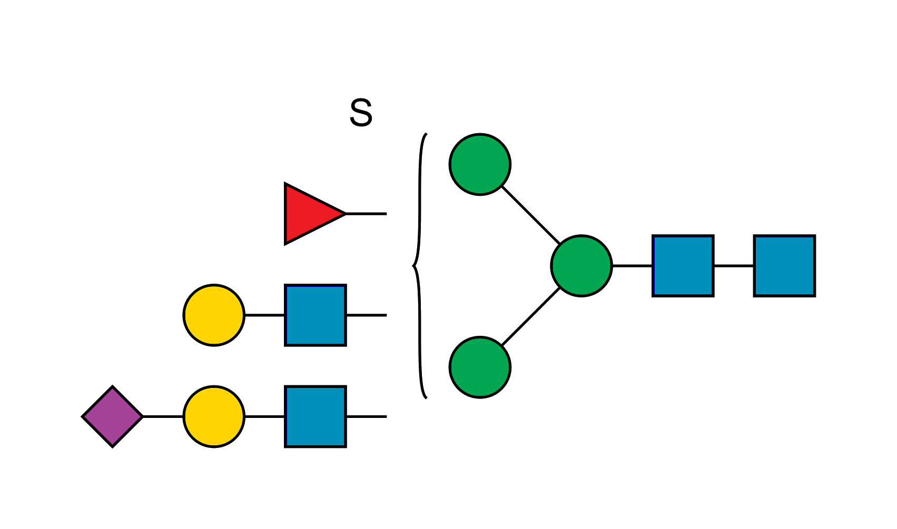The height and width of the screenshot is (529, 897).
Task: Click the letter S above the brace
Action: pyautogui.click(x=361, y=112)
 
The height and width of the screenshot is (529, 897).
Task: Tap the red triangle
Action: pyautogui.click(x=308, y=214)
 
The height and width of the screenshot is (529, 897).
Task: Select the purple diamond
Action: pyautogui.click(x=112, y=416)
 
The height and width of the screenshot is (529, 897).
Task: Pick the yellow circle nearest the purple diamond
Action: pyautogui.click(x=214, y=416)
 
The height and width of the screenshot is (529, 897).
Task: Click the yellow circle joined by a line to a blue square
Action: pyautogui.click(x=214, y=315)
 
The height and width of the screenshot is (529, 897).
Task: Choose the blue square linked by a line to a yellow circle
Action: pyautogui.click(x=315, y=315)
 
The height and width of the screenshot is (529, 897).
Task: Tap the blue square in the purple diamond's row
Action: pyautogui.click(x=315, y=416)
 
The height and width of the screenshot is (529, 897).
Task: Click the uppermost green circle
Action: pyautogui.click(x=480, y=164)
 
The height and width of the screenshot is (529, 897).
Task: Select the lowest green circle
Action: pyautogui.click(x=480, y=367)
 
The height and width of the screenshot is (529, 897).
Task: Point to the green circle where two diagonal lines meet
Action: pyautogui.click(x=581, y=266)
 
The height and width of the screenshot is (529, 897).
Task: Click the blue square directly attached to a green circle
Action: pyautogui.click(x=683, y=266)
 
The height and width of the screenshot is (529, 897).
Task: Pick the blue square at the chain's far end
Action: pyautogui.click(x=784, y=266)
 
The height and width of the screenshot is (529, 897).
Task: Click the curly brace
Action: pyautogui.click(x=420, y=266)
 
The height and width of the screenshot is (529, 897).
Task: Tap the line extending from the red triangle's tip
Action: pyautogui.click(x=366, y=214)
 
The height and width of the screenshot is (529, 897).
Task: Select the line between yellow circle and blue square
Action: pyautogui.click(x=265, y=315)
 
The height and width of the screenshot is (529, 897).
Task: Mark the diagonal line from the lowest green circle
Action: pyautogui.click(x=531, y=317)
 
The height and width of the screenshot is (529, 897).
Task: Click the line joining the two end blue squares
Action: pyautogui.click(x=734, y=266)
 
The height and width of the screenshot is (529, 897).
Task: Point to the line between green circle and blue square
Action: pyautogui.click(x=632, y=266)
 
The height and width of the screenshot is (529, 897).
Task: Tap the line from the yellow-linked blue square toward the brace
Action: pyautogui.click(x=367, y=315)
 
